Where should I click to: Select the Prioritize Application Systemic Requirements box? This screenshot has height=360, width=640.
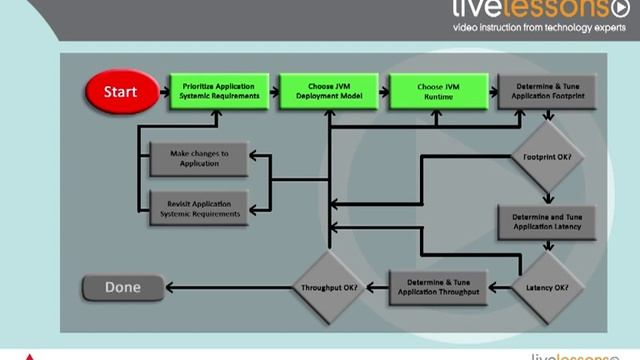(x=219, y=91)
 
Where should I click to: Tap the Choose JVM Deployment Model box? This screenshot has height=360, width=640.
(x=327, y=91)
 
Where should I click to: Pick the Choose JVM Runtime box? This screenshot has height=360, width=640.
(x=437, y=91)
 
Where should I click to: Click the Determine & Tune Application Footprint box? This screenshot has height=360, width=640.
(x=546, y=91)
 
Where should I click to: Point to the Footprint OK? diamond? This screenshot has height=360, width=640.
(x=546, y=158)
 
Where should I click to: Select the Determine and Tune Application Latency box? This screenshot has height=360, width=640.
(x=546, y=223)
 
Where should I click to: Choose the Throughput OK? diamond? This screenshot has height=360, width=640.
(x=328, y=289)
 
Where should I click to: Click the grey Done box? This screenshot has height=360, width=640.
(x=123, y=289)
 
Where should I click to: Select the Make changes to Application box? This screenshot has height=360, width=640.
(x=198, y=157)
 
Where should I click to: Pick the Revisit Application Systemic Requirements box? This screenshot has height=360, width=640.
(x=198, y=208)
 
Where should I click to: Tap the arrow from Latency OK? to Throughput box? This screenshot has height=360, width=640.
(x=504, y=289)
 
